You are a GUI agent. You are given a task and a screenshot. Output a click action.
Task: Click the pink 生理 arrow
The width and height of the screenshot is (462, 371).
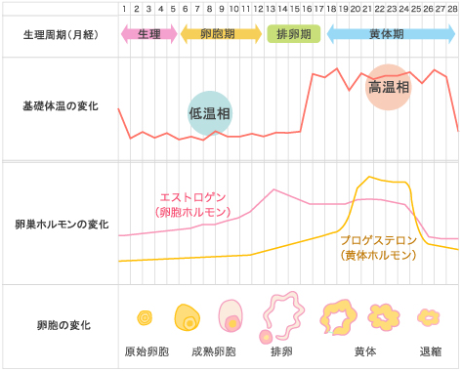pyautogui.click(x=149, y=34)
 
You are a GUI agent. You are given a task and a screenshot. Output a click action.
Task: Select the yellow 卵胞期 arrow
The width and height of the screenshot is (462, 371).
pyautogui.click(x=221, y=34)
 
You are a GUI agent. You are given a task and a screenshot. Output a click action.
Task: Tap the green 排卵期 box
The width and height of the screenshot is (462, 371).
pyautogui.click(x=294, y=34)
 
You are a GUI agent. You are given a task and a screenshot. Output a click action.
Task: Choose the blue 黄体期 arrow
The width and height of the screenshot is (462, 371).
pyautogui.click(x=391, y=34)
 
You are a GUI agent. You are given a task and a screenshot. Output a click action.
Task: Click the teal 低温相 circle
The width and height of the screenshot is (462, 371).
pyautogui.click(x=210, y=113)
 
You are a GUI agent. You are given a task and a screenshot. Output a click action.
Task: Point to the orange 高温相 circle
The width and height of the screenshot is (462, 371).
pyautogui.click(x=389, y=87)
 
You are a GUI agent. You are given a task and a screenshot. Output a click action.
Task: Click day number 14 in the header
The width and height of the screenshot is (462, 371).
pyautogui.click(x=282, y=9)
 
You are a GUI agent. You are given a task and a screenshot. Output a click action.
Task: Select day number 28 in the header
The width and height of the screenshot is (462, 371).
pyautogui.click(x=452, y=9)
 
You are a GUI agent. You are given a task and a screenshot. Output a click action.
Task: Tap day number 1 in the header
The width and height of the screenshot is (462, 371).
pyautogui.click(x=124, y=9)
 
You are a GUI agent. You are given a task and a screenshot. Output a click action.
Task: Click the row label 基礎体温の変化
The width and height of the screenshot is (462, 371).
pyautogui.click(x=61, y=106)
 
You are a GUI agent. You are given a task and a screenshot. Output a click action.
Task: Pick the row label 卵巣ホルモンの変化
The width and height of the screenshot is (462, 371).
pyautogui.click(x=62, y=225)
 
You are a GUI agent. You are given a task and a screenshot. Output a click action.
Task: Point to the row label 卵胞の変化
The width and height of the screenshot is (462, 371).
pyautogui.click(x=63, y=325)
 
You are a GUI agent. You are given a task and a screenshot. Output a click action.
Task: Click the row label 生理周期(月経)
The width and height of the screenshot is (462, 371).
pyautogui.click(x=61, y=34)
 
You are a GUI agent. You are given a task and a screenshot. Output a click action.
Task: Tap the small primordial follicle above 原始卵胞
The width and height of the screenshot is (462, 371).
pyautogui.click(x=145, y=317)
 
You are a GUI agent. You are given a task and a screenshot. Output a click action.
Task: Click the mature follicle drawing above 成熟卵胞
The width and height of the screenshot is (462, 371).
pyautogui.click(x=231, y=315)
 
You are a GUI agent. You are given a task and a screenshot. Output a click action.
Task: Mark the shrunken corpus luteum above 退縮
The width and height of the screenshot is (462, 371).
pyautogui.click(x=429, y=317)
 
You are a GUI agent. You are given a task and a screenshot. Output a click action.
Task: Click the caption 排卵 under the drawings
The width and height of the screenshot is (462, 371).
pyautogui.click(x=281, y=351)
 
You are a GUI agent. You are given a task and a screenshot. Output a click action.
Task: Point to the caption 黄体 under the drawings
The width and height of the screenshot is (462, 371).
pyautogui.click(x=365, y=351)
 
